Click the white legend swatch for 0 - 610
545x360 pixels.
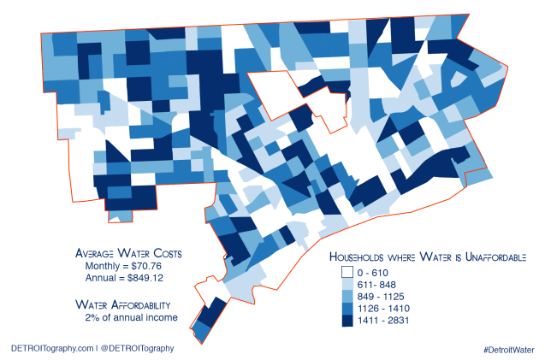347,271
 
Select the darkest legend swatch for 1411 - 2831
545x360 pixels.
347,320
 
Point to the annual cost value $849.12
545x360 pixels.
149,278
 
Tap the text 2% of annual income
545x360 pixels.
131,317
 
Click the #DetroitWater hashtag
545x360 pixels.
508,350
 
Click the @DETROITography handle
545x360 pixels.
137,348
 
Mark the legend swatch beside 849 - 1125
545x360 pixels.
347,296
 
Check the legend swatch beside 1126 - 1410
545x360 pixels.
347,308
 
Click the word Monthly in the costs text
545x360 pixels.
101,266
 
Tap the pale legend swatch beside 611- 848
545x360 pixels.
347,284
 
